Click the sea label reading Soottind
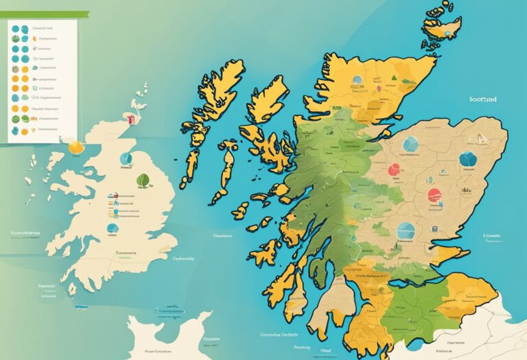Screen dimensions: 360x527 [483, 99]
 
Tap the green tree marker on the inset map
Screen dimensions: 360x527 [143, 180]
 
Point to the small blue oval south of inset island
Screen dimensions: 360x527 [112, 228]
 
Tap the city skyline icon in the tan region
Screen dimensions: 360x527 [467, 189]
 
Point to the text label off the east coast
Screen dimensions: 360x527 [491, 235]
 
